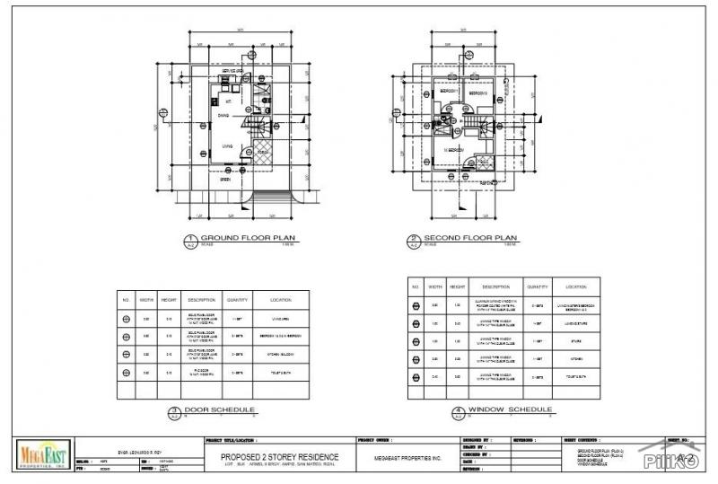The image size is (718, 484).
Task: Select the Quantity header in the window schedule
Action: click(538, 286)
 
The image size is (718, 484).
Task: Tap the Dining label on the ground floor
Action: click(222, 115)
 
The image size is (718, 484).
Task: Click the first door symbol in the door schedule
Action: click(126, 318)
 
